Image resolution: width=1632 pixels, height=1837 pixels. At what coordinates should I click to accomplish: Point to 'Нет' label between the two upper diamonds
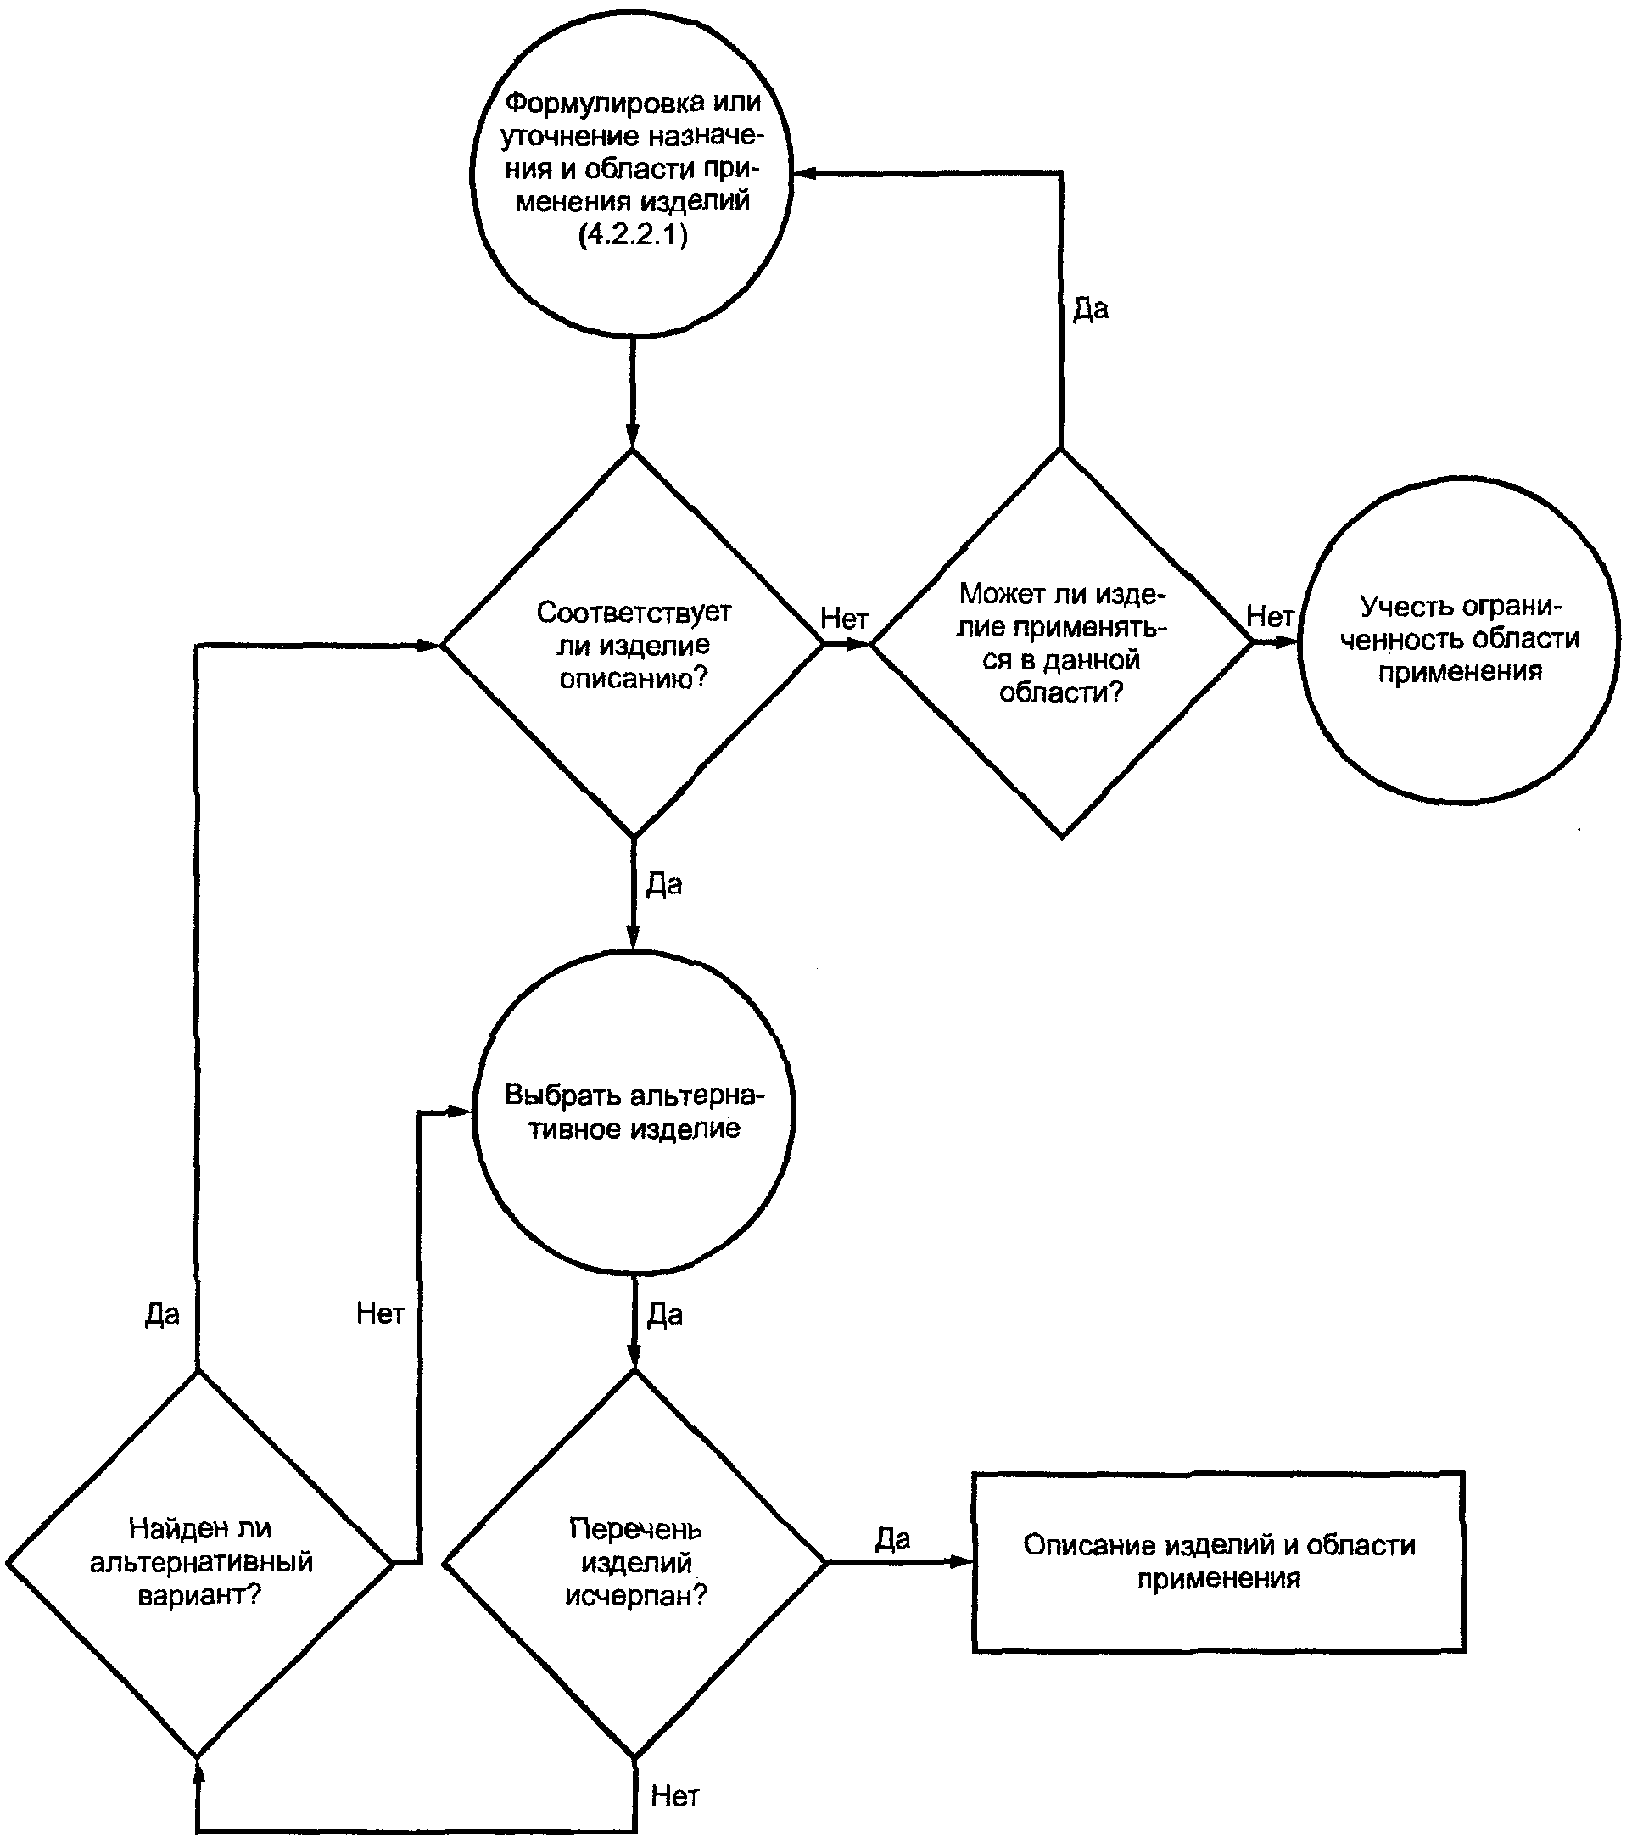(x=845, y=619)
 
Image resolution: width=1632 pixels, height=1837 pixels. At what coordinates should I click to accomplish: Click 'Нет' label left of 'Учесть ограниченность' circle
(x=1270, y=617)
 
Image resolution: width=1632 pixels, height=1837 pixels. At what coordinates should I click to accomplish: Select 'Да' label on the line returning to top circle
(x=1091, y=309)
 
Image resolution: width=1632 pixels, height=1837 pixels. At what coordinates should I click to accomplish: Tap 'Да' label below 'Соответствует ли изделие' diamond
(x=664, y=884)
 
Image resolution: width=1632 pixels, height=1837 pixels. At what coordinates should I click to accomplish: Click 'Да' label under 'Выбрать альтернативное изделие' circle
(x=665, y=1315)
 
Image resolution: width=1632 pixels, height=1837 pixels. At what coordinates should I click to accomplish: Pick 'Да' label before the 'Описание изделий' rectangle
(x=893, y=1537)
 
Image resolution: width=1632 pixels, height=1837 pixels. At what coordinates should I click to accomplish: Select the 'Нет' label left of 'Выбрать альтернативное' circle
(x=380, y=1313)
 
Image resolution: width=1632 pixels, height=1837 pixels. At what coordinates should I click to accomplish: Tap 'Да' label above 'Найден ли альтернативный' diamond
(x=163, y=1314)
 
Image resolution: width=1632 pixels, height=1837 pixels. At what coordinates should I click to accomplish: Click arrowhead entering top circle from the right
(x=805, y=173)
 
